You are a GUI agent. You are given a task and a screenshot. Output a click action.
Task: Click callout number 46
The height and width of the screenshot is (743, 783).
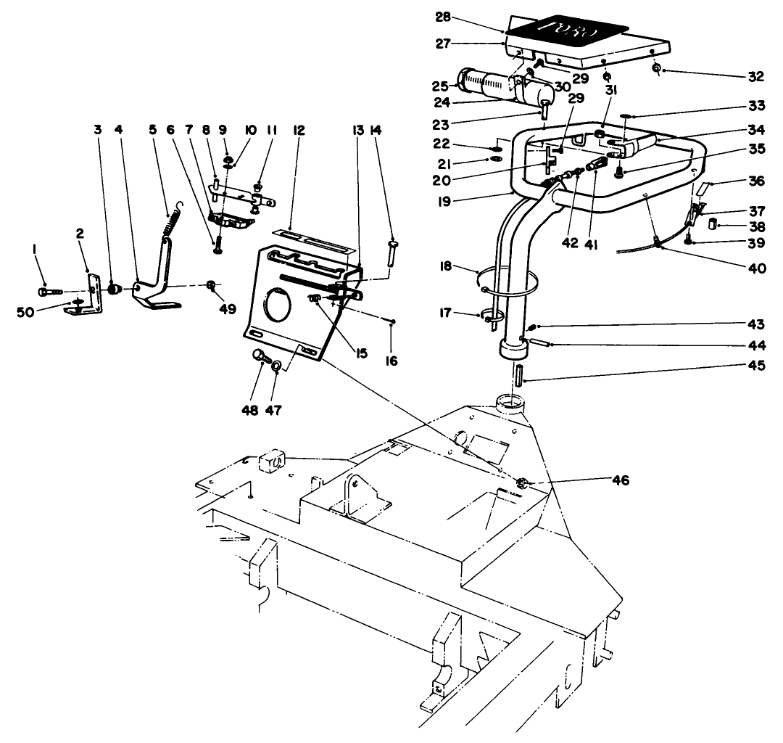point(621,480)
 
